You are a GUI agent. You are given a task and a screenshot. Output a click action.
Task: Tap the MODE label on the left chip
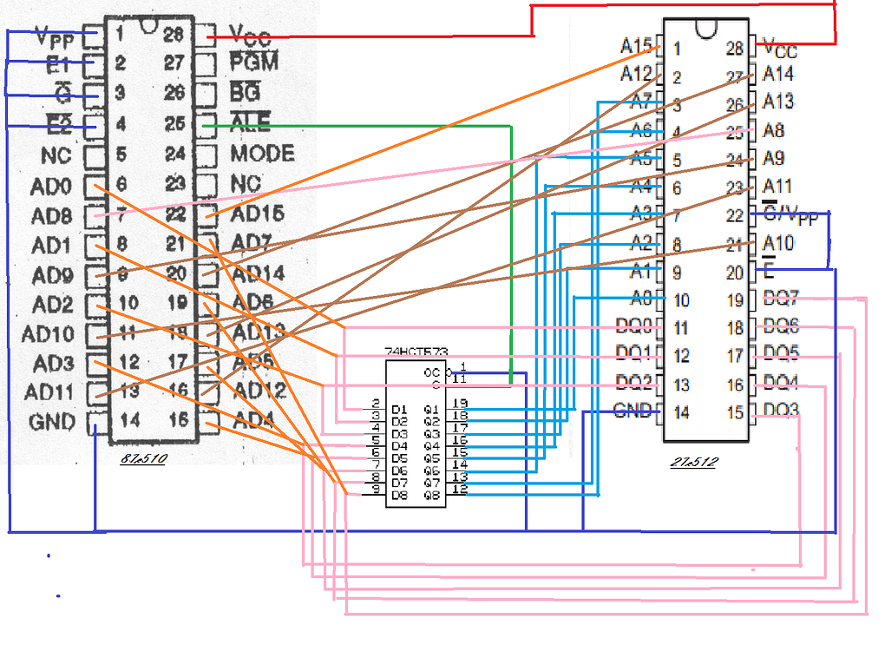point(261,154)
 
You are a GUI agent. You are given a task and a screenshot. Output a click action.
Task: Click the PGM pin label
point(253,62)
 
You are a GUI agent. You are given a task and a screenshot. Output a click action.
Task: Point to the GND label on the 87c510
point(53,423)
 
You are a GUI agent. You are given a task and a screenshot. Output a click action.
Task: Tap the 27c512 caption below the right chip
point(694,462)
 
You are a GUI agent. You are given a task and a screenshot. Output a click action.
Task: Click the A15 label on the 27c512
point(636,45)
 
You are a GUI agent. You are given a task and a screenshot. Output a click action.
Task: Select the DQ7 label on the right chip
point(781,299)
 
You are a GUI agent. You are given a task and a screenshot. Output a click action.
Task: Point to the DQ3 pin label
point(781,410)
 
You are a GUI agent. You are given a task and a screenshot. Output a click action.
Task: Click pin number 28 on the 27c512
point(735,49)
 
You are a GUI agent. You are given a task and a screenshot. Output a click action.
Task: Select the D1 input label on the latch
point(399,409)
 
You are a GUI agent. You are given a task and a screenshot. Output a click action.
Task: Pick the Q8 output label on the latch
point(431,495)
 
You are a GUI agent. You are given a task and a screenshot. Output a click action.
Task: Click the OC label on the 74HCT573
point(431,371)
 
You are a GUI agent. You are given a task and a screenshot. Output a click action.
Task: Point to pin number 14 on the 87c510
point(129,421)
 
